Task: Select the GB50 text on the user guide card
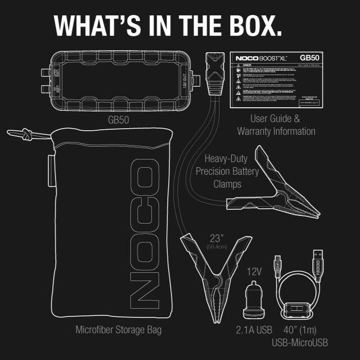[310, 58]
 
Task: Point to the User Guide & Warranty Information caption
[275, 125]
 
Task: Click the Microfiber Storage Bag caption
[118, 330]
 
